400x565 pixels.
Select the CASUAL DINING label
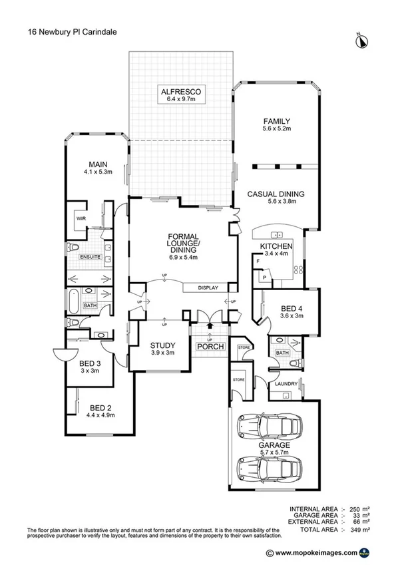tap(275, 194)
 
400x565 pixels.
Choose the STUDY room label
tap(162, 345)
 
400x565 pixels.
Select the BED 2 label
tap(101, 407)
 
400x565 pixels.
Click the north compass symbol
tap(363, 41)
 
